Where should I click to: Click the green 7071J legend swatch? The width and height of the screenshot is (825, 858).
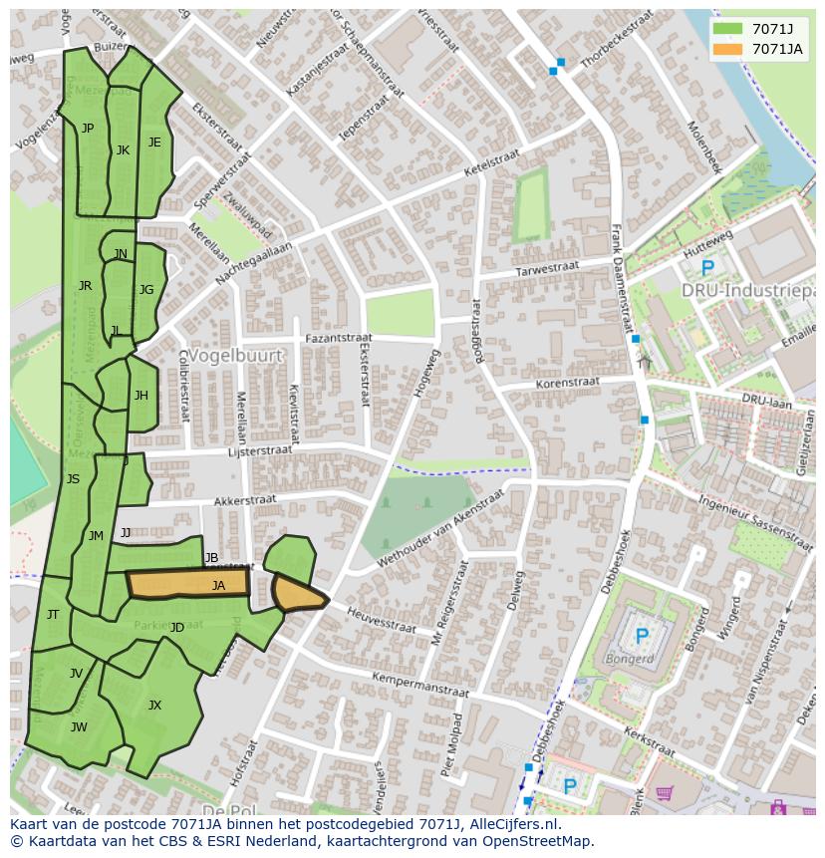point(728,29)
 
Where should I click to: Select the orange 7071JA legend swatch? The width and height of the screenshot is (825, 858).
point(728,49)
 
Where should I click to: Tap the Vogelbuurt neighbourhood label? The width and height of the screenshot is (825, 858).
point(236,355)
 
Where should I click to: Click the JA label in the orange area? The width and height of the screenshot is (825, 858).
point(218,586)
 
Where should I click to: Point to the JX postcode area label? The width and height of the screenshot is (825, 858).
point(154,706)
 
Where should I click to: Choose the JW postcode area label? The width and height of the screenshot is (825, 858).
point(79,726)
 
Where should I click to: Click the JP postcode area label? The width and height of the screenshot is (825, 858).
point(88,128)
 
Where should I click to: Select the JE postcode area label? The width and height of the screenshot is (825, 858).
point(154,143)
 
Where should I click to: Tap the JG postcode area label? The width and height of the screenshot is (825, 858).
point(146,290)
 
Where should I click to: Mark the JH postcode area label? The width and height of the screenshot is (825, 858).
point(140,396)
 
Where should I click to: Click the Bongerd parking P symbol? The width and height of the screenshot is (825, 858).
point(642,635)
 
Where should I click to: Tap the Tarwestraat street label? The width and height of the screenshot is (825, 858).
point(547,270)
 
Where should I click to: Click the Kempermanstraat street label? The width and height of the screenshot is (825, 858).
point(418,684)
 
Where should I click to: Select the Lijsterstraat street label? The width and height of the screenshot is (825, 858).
point(259,450)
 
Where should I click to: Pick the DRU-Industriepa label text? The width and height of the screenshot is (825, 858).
point(747,290)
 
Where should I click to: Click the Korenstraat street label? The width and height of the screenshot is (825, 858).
point(567,382)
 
